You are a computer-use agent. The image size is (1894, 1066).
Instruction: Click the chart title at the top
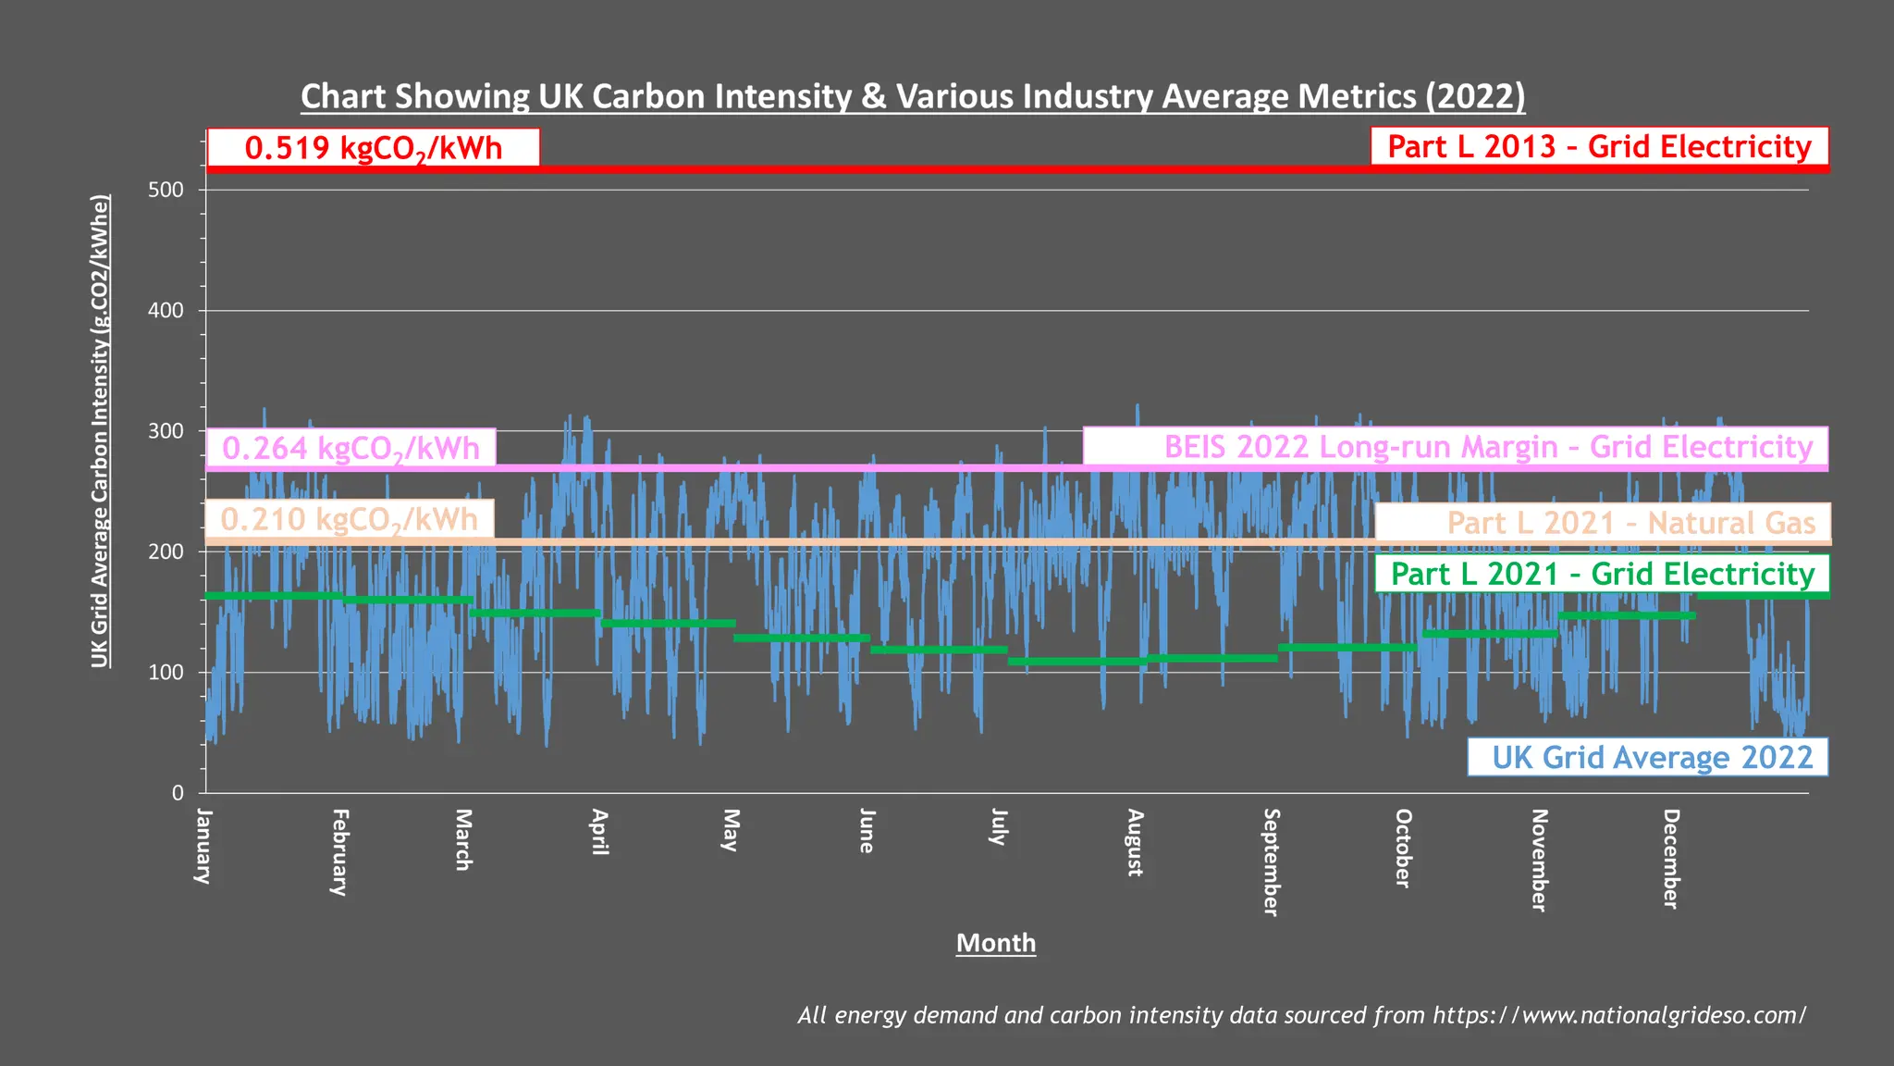pyautogui.click(x=913, y=96)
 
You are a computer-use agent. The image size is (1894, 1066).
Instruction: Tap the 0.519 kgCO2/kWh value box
pyautogui.click(x=374, y=148)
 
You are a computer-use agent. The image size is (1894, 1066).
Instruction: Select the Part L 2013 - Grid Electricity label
pyautogui.click(x=1599, y=146)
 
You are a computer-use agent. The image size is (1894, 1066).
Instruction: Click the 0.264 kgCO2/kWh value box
pyautogui.click(x=351, y=448)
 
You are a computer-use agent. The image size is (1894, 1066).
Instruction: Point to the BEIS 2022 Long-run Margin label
pyautogui.click(x=1455, y=446)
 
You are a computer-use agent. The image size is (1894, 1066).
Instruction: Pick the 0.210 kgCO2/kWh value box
pyautogui.click(x=350, y=519)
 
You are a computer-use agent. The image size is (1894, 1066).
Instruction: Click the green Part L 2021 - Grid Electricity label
pyautogui.click(x=1602, y=574)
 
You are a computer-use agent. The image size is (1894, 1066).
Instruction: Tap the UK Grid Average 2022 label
pyautogui.click(x=1647, y=757)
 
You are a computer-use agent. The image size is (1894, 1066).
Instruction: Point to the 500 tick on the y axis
pyautogui.click(x=166, y=190)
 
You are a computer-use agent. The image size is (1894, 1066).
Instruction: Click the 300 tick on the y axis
pyautogui.click(x=166, y=431)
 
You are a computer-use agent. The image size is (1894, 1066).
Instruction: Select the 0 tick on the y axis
pyautogui.click(x=178, y=793)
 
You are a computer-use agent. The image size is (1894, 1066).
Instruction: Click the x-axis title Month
pyautogui.click(x=996, y=943)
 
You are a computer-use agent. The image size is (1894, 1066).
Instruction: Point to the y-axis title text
pyautogui.click(x=100, y=430)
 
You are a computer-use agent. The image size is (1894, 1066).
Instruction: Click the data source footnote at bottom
pyautogui.click(x=1301, y=1015)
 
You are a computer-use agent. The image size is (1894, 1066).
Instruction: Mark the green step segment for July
pyautogui.click(x=1076, y=661)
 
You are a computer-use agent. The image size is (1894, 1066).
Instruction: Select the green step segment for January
pyautogui.click(x=274, y=595)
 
